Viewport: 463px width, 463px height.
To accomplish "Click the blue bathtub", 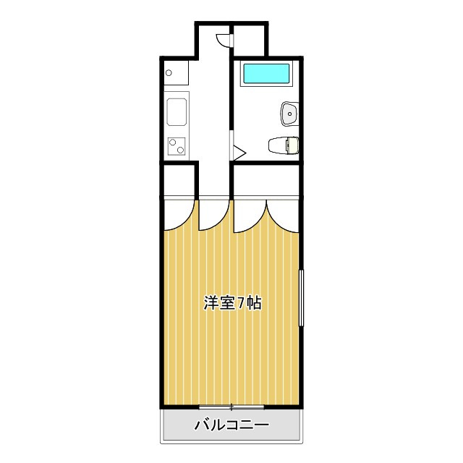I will tap(266, 73).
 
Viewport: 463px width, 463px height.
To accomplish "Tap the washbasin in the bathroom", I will tap(289, 113).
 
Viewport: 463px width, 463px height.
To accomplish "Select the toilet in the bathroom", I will tap(281, 145).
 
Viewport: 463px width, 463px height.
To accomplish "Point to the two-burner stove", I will tap(177, 146).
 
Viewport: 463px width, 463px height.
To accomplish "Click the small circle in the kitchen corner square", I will tap(168, 72).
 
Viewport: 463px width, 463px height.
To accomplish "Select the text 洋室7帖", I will tap(231, 303).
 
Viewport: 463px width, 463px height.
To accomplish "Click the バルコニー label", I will tap(231, 424).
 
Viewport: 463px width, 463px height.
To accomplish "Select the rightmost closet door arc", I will tap(283, 214).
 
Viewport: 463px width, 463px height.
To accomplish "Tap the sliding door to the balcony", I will tap(231, 407).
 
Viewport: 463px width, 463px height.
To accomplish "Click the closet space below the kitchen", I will tap(179, 181).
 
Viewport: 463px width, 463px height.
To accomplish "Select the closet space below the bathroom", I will tap(266, 181).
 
